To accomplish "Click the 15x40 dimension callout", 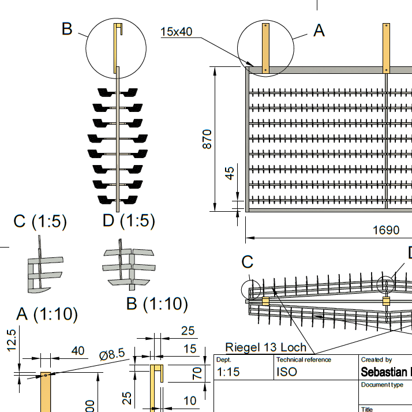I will [x=176, y=32].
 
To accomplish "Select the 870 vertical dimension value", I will [x=208, y=139].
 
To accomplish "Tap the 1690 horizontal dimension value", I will [x=385, y=230].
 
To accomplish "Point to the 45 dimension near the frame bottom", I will [x=231, y=173].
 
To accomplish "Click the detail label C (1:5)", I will [x=40, y=220].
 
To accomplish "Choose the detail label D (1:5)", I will [x=129, y=220].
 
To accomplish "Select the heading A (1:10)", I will [x=47, y=314].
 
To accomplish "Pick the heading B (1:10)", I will [x=157, y=303].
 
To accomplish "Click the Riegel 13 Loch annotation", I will [x=265, y=347].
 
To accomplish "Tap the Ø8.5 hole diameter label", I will [x=112, y=355].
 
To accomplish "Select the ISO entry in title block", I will [x=287, y=371].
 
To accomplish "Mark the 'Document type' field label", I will [x=381, y=385].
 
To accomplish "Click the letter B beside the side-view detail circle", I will [x=67, y=29].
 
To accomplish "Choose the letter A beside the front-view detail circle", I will [x=319, y=30].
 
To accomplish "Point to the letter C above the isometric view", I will [x=248, y=262].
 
